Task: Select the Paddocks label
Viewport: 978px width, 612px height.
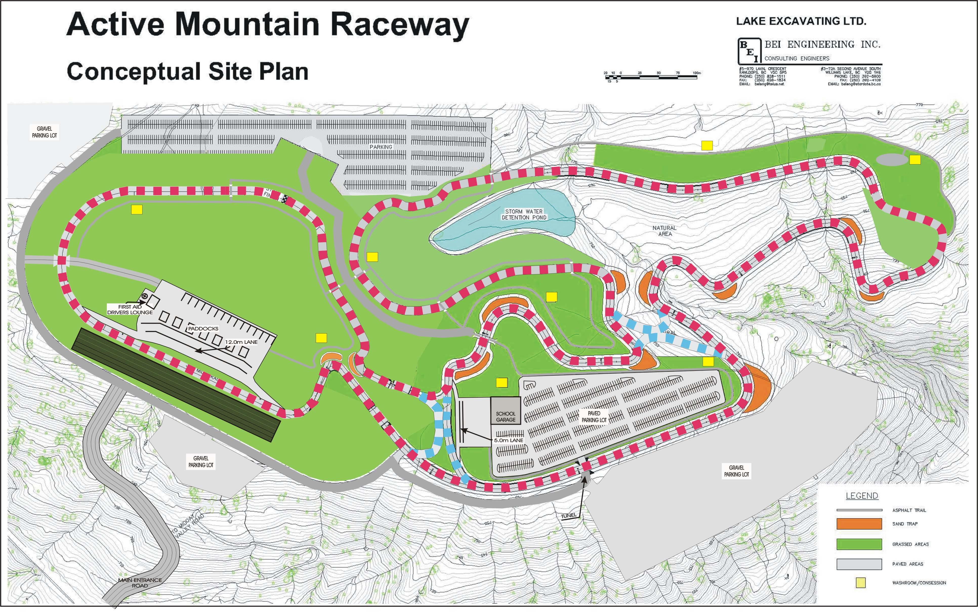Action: (x=203, y=329)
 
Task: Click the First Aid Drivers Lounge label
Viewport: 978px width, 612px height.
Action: (x=130, y=310)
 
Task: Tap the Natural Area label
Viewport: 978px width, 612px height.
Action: (x=664, y=231)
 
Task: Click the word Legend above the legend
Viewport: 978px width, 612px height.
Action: (x=862, y=496)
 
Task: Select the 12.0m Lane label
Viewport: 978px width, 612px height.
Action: (x=241, y=342)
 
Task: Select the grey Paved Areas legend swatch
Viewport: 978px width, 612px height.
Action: (x=859, y=564)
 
